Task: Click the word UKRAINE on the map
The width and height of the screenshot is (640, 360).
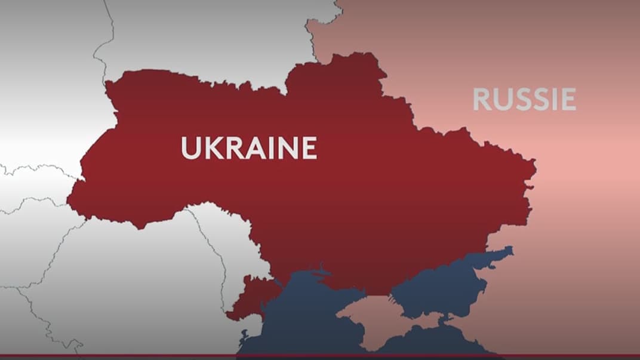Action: (x=248, y=148)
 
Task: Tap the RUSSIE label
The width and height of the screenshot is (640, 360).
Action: (x=524, y=100)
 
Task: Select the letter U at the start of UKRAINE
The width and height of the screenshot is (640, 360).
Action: (x=190, y=148)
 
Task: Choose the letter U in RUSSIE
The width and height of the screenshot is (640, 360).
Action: (x=500, y=100)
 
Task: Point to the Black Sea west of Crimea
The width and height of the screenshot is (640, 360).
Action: (x=299, y=322)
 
